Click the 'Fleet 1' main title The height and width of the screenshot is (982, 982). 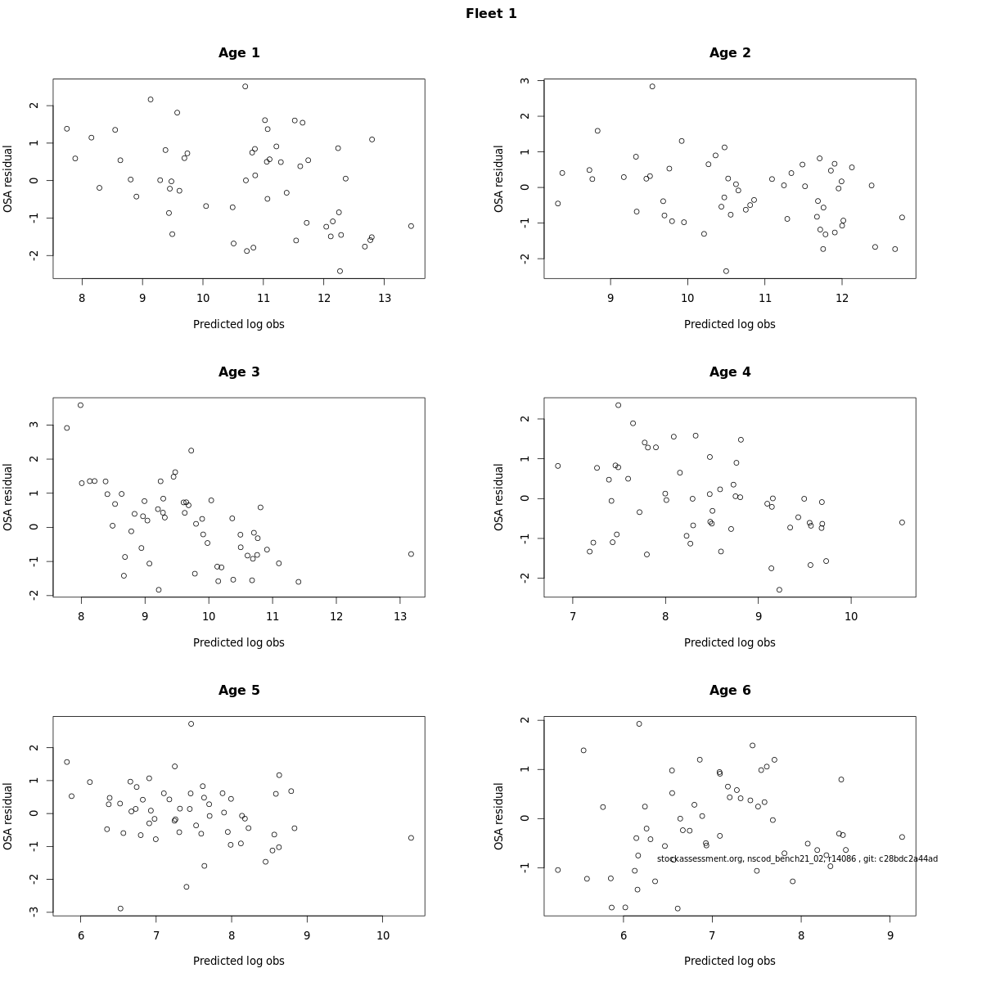(491, 14)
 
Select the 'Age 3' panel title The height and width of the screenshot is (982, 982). (239, 372)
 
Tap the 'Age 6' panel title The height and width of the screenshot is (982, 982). (730, 690)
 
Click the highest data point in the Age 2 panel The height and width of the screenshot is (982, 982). (652, 87)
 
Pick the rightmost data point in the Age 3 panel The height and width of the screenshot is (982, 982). (411, 554)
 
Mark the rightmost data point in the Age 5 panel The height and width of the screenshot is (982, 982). (411, 838)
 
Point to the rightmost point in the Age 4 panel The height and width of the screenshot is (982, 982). (902, 522)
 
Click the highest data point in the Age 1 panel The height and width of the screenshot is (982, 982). (245, 87)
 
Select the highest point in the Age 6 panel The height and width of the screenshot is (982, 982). (639, 723)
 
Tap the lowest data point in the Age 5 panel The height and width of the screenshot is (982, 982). (120, 908)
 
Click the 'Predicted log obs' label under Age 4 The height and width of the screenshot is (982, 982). (730, 642)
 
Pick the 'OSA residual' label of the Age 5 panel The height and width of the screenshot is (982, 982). (8, 816)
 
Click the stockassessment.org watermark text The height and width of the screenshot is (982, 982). (797, 858)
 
